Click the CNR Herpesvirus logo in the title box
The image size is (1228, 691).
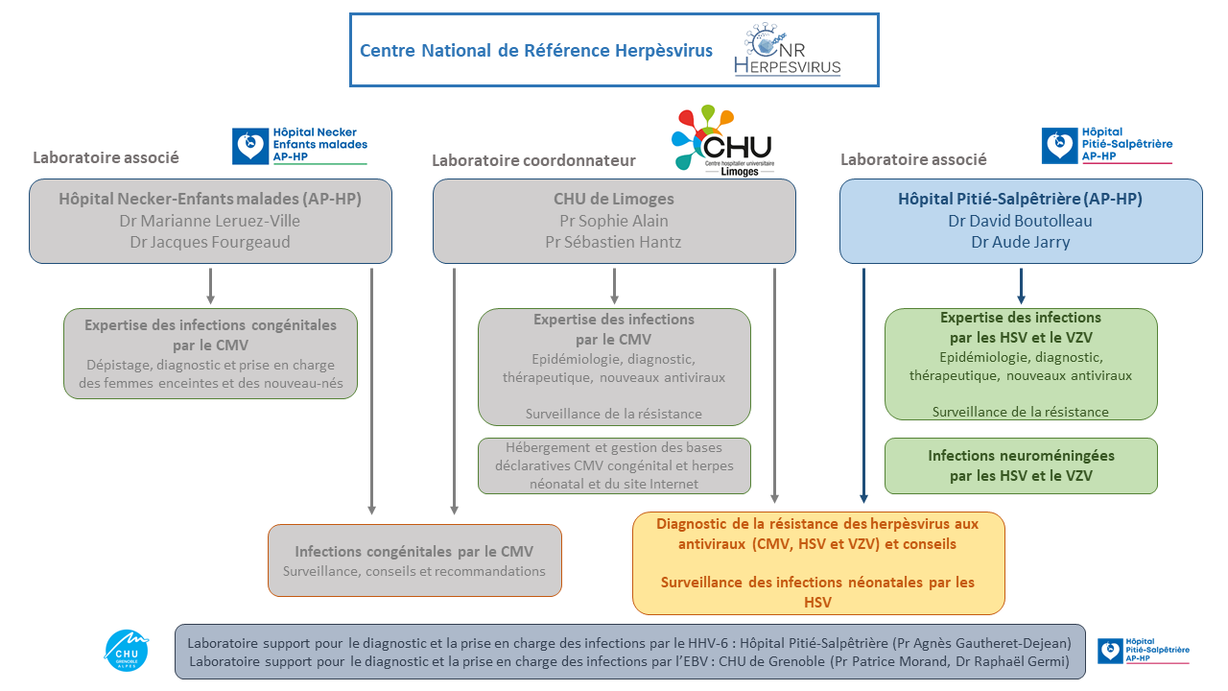pos(788,50)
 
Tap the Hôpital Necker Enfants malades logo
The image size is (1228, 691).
pos(299,145)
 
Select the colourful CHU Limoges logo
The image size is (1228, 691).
pos(721,141)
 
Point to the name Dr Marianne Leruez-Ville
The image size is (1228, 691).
pos(210,221)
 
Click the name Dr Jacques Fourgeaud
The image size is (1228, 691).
pos(210,242)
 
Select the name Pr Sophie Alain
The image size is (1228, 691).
pos(614,221)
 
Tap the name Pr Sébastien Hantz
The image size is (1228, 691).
pos(614,242)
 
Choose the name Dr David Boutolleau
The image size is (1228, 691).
pos(1020,221)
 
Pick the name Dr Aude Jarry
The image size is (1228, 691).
pos(1020,242)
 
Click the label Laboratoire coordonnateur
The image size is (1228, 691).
pos(534,160)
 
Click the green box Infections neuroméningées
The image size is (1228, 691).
pos(1020,465)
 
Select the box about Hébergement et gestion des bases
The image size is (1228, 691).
pos(614,465)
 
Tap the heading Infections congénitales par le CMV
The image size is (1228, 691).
pos(413,552)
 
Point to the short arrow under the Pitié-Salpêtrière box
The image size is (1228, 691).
pos(1021,285)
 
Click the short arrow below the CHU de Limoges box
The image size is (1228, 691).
pos(615,285)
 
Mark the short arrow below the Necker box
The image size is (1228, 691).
pos(211,285)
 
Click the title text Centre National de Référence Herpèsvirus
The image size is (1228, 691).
pos(536,51)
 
